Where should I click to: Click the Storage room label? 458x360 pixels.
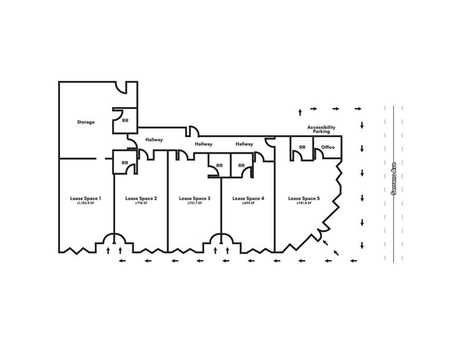[86, 122]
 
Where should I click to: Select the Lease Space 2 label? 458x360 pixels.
[141, 198]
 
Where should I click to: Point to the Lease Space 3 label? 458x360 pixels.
[195, 198]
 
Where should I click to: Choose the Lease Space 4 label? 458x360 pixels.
[248, 198]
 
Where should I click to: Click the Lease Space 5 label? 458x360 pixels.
[304, 198]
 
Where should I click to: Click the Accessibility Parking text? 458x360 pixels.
[321, 129]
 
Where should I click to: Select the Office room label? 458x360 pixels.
[328, 148]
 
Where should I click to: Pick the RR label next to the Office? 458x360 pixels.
[302, 148]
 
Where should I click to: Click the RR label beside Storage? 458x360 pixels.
[125, 121]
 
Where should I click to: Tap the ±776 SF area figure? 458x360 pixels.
[141, 203]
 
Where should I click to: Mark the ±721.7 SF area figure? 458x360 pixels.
[195, 203]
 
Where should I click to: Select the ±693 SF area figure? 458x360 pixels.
[248, 203]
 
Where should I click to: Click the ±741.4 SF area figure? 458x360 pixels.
[304, 203]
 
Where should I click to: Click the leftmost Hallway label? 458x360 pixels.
[154, 140]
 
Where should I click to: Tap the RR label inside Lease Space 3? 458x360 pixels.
[219, 165]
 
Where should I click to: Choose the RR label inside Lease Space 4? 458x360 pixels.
[241, 165]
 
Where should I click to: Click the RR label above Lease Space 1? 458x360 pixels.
[125, 163]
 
